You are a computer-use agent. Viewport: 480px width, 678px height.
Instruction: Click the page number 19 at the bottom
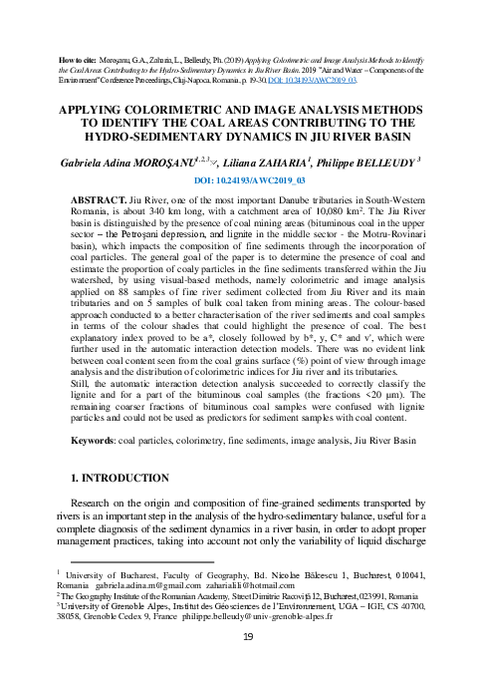(x=249, y=666)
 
